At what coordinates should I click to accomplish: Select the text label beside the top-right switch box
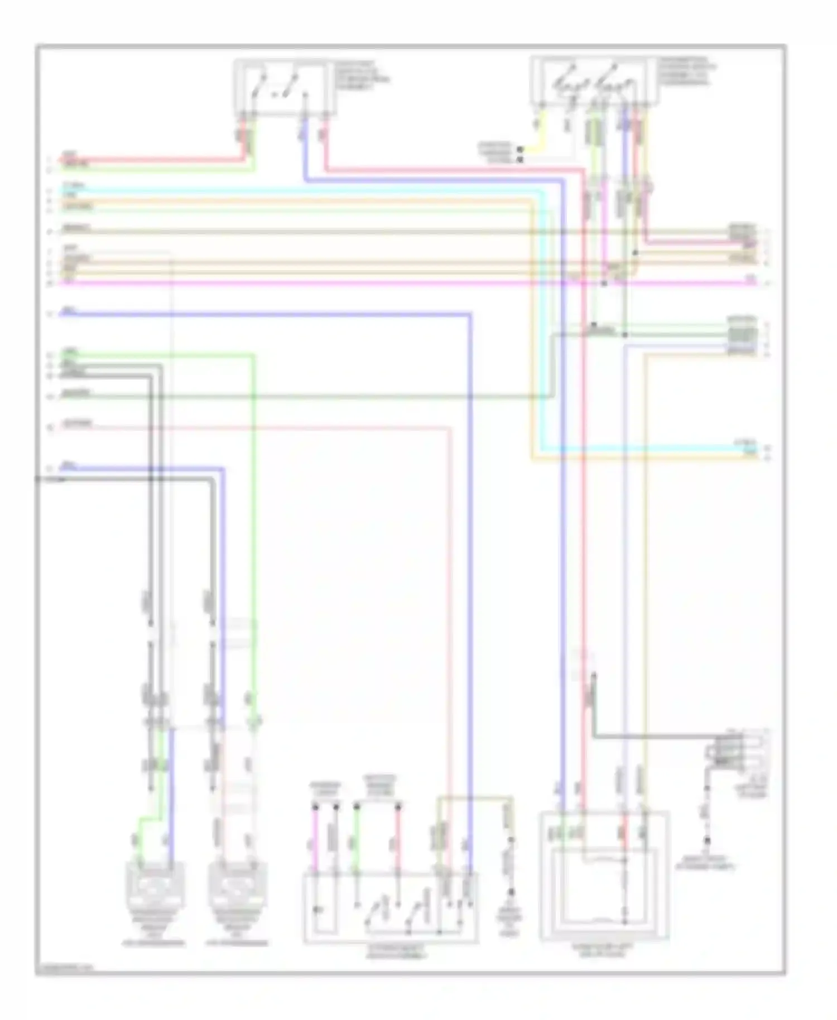pos(687,71)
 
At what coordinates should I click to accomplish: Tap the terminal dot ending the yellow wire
pos(519,150)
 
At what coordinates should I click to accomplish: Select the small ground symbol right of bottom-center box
pos(509,907)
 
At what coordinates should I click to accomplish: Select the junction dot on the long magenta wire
pos(604,283)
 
